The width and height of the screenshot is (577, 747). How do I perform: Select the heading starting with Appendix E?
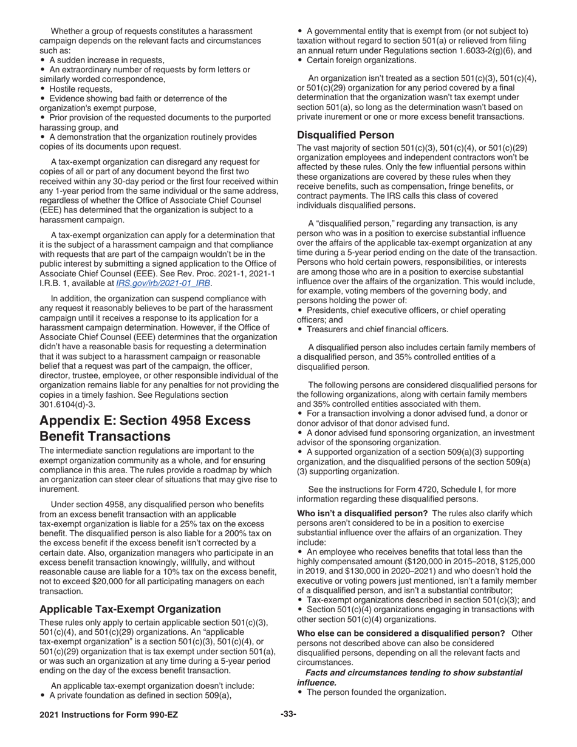point(145,428)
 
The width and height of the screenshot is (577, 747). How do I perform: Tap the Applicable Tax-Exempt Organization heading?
point(130,609)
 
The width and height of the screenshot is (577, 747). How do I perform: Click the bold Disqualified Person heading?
point(345,135)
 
